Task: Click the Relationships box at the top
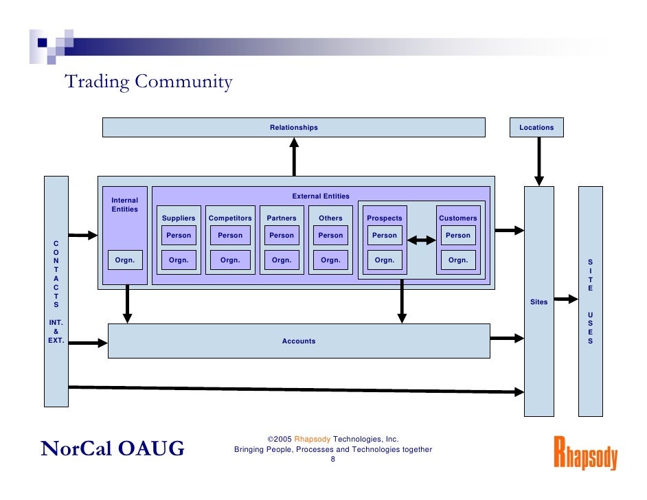tap(293, 128)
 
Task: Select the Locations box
tap(536, 128)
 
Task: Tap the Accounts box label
tap(299, 341)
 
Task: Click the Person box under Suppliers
tap(179, 236)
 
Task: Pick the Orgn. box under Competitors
tap(230, 260)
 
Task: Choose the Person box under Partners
tap(282, 236)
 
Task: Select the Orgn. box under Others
tap(330, 260)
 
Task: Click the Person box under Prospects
tap(385, 236)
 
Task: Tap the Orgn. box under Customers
tap(458, 260)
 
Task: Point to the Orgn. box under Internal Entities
tap(124, 260)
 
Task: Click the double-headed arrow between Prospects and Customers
tap(422, 240)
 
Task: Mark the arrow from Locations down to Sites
tap(538, 161)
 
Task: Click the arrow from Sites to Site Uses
tap(566, 299)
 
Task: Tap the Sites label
tap(538, 302)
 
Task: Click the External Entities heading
tap(321, 196)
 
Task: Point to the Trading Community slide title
tap(148, 82)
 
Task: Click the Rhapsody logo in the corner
tap(585, 453)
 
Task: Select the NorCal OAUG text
tap(113, 449)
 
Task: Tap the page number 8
tap(333, 460)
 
